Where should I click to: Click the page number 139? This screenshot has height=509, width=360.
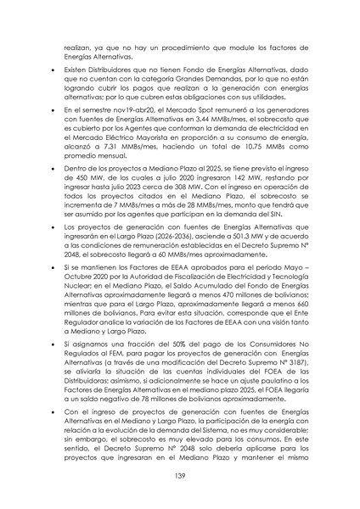pos(180,478)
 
